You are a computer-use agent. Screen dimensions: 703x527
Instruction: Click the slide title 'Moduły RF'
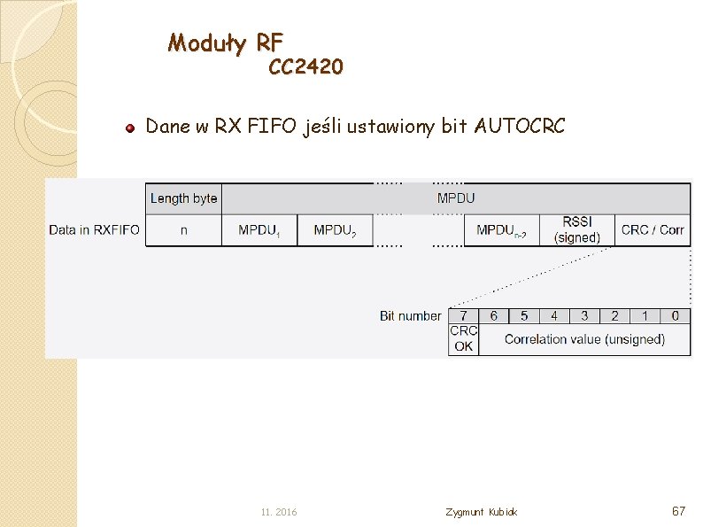pyautogui.click(x=226, y=42)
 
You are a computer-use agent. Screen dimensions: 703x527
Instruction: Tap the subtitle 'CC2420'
pyautogui.click(x=305, y=67)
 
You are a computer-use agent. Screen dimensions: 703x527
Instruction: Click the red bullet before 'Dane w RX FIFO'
pyautogui.click(x=129, y=128)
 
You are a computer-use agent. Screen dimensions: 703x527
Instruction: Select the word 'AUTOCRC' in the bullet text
pyautogui.click(x=519, y=127)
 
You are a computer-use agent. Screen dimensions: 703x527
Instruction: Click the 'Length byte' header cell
pyautogui.click(x=183, y=198)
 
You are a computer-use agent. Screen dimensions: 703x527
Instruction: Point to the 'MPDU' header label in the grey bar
pyautogui.click(x=455, y=198)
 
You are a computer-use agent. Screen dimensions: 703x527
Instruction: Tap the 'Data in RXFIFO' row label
pyautogui.click(x=94, y=230)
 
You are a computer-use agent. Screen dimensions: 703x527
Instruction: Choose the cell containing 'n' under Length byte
pyautogui.click(x=183, y=230)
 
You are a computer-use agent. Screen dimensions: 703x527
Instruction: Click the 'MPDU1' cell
pyautogui.click(x=259, y=230)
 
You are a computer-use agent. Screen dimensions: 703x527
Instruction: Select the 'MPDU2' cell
pyautogui.click(x=335, y=230)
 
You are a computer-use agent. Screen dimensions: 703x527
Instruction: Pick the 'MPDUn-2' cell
pyautogui.click(x=501, y=230)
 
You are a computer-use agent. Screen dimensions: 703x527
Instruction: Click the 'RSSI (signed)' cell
pyautogui.click(x=576, y=229)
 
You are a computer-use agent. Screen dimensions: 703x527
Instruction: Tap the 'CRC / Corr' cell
pyautogui.click(x=653, y=230)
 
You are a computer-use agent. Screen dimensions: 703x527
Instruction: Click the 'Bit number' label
pyautogui.click(x=410, y=316)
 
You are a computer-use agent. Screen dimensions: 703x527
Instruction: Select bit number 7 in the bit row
pyautogui.click(x=463, y=315)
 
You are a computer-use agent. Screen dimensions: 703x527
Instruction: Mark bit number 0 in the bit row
pyautogui.click(x=676, y=315)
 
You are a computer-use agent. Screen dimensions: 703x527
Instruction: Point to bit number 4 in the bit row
pyautogui.click(x=554, y=315)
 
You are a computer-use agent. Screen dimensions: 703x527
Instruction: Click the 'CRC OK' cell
pyautogui.click(x=463, y=338)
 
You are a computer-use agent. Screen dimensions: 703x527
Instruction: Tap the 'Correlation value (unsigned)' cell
pyautogui.click(x=584, y=339)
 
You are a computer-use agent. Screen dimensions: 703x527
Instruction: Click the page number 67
pyautogui.click(x=679, y=511)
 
